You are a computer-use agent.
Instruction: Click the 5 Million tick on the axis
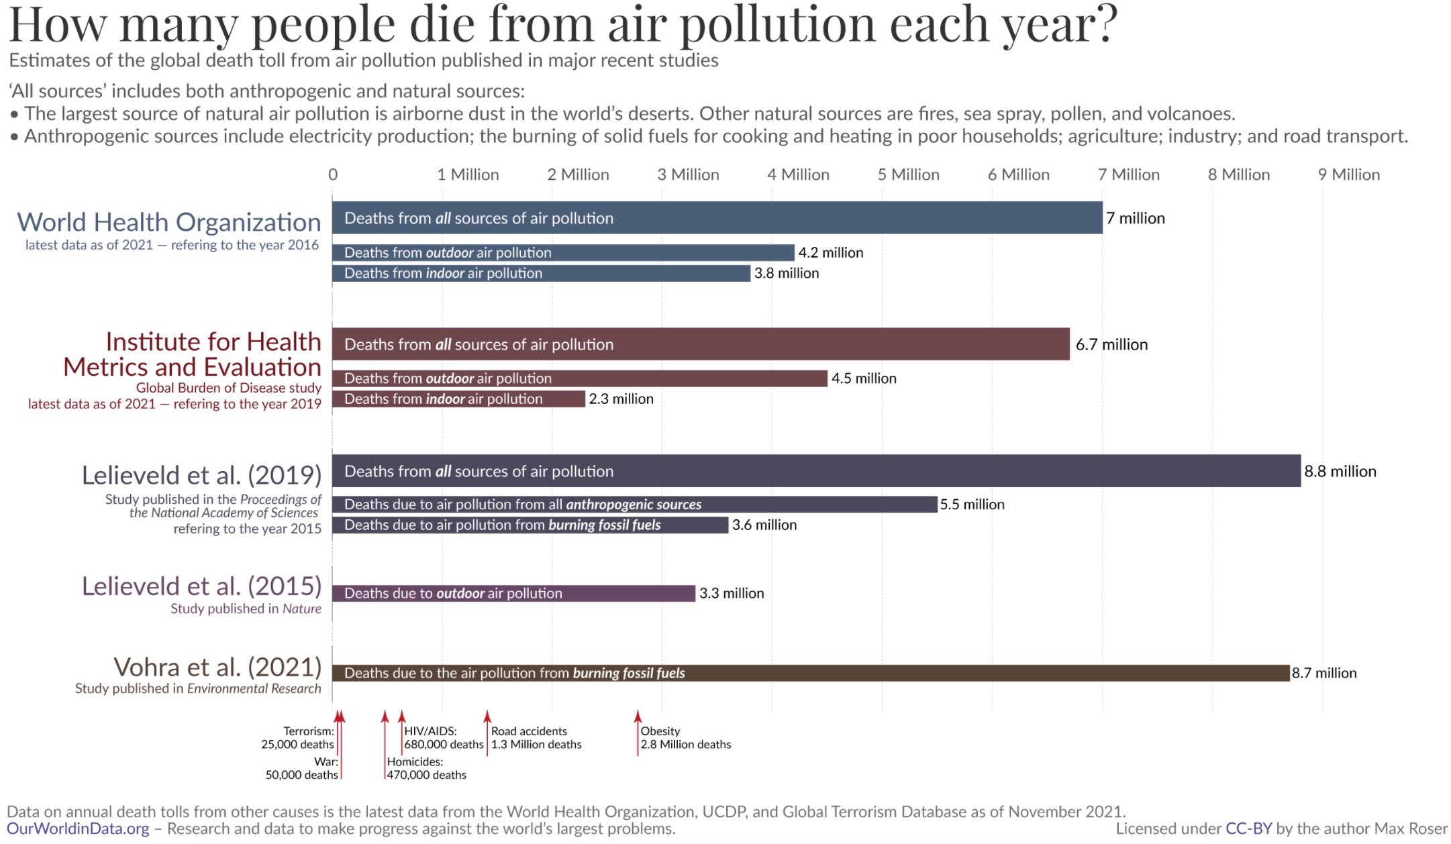[908, 174]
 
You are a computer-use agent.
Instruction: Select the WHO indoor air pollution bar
[541, 273]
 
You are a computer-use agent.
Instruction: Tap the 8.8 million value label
[1340, 471]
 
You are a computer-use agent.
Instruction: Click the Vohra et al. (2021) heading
[217, 667]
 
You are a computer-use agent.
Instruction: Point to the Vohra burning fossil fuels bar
[811, 673]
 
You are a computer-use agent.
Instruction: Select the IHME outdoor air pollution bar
[579, 378]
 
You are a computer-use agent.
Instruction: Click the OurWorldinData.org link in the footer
[78, 829]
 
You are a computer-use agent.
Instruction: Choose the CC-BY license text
[1248, 829]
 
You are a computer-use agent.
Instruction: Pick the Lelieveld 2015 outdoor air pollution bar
[513, 593]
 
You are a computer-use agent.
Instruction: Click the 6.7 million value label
[1111, 344]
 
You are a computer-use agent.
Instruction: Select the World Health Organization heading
[169, 222]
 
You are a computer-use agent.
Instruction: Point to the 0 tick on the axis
[333, 174]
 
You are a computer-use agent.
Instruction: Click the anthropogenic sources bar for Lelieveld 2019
[634, 505]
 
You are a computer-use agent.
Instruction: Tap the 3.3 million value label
[732, 593]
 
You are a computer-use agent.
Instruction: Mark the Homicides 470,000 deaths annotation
[426, 768]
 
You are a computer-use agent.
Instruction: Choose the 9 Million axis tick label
[1349, 174]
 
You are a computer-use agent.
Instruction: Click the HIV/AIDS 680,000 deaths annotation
[443, 738]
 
